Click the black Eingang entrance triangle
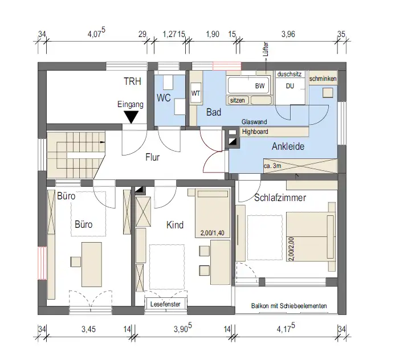click(x=131, y=117)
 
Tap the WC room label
click(x=164, y=98)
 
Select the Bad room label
click(x=214, y=112)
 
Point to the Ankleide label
click(x=288, y=146)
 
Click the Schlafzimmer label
click(x=280, y=198)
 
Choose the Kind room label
click(x=175, y=225)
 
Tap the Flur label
click(x=153, y=157)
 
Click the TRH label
click(x=132, y=81)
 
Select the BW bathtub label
click(x=260, y=86)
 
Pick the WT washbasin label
click(x=195, y=93)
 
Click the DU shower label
click(x=290, y=86)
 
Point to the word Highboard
click(x=255, y=132)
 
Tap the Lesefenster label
click(x=165, y=304)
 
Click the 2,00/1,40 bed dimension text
click(x=213, y=233)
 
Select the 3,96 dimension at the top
click(x=288, y=34)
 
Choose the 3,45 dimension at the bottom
click(x=88, y=329)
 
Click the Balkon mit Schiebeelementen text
click(x=289, y=306)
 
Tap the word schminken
click(x=323, y=79)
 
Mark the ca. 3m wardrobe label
click(x=272, y=166)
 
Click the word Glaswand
click(x=254, y=122)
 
